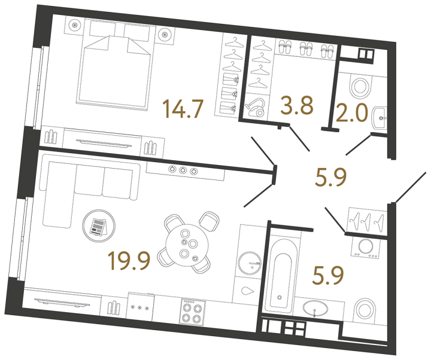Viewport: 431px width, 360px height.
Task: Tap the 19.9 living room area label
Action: click(128, 261)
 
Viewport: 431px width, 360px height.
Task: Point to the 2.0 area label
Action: click(352, 114)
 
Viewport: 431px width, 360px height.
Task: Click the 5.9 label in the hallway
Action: click(330, 177)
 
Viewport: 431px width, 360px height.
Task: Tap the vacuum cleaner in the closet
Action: click(255, 106)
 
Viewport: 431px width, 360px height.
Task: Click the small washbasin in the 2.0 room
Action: click(380, 118)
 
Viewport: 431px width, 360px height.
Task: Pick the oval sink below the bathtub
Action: click(317, 309)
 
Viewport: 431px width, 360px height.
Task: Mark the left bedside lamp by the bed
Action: click(75, 26)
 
